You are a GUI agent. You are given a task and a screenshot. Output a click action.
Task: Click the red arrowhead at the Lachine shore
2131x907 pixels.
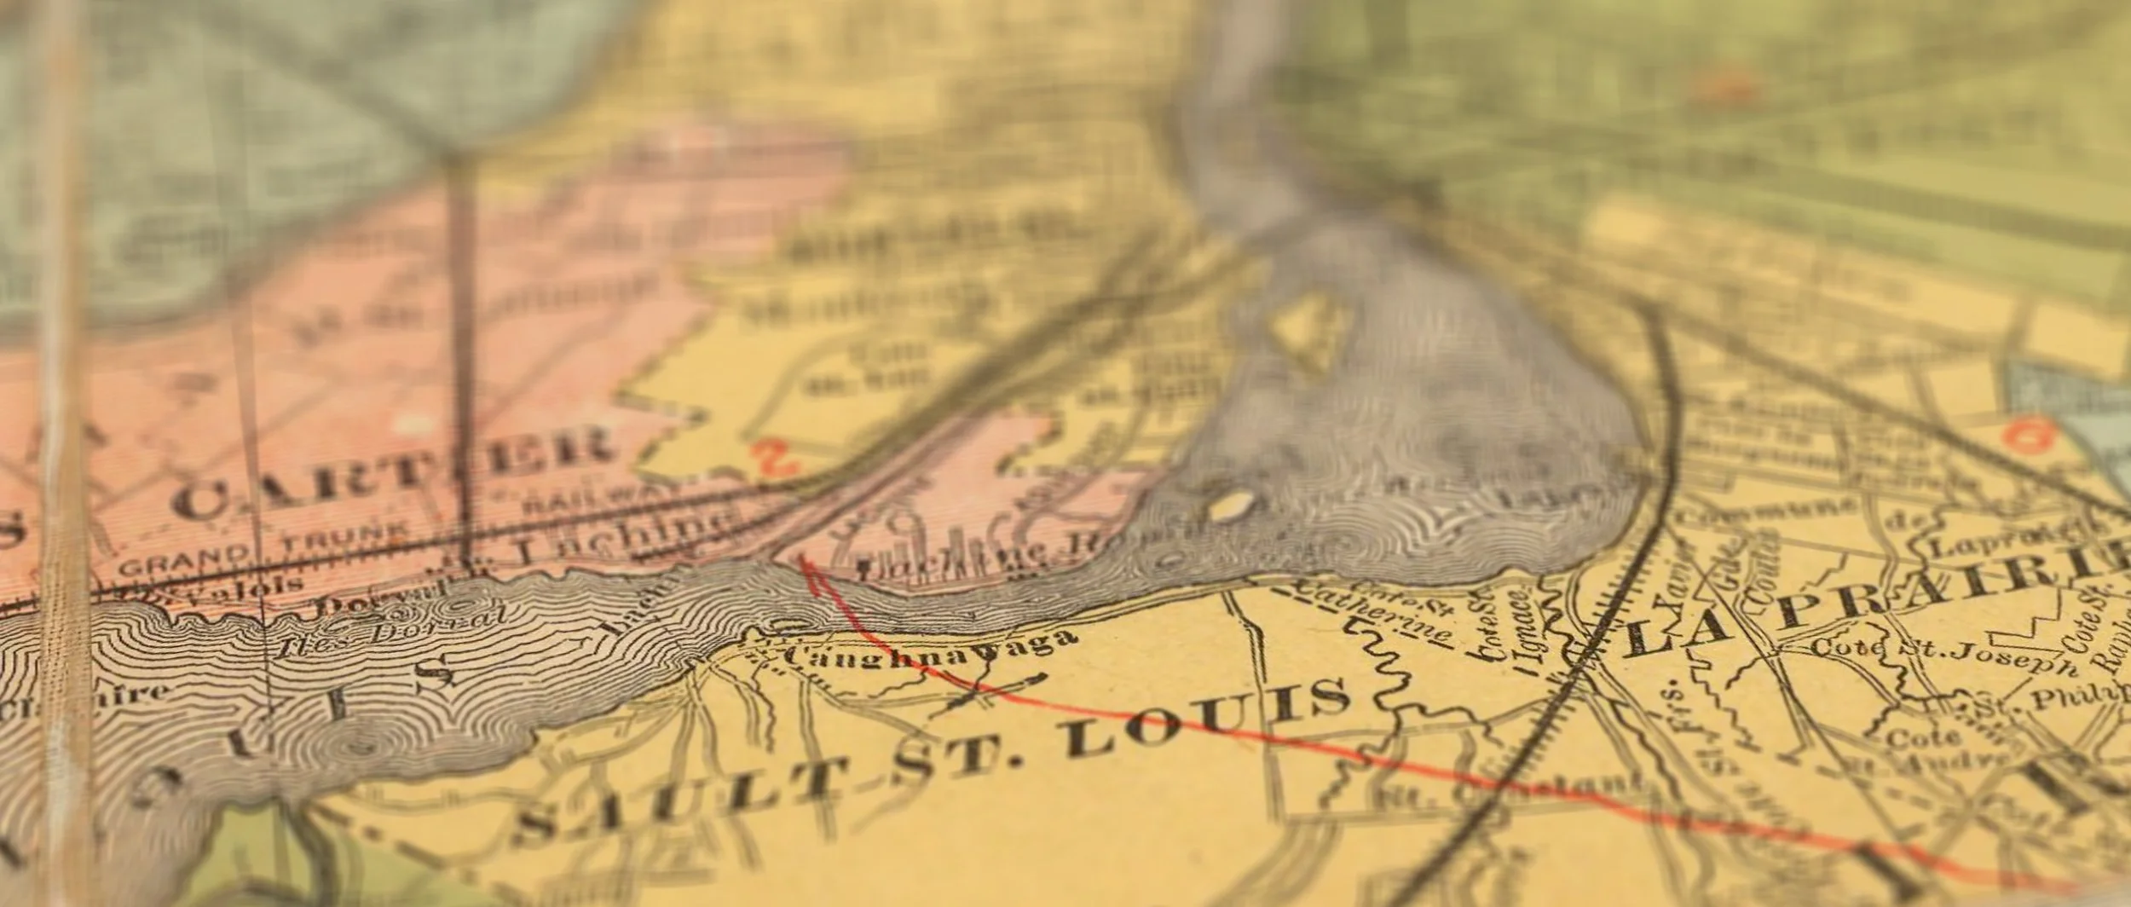807,569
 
